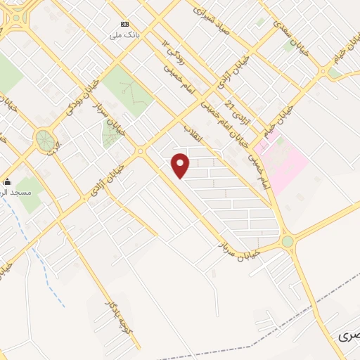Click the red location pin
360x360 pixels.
(181, 165)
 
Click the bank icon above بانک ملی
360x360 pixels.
(124, 24)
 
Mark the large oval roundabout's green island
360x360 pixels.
(46, 139)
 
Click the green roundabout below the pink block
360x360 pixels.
(288, 242)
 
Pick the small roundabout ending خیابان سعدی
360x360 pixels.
(323, 72)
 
